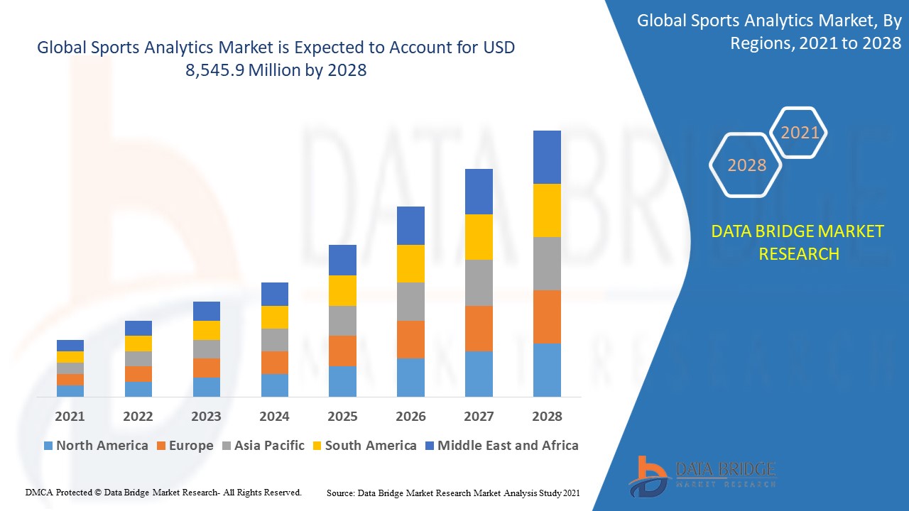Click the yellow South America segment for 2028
point(547,210)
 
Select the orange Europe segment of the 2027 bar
point(479,328)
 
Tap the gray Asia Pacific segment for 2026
point(410,302)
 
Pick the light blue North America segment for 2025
point(342,381)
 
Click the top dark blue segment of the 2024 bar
point(275,294)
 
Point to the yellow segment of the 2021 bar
point(70,357)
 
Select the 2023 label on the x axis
point(206,417)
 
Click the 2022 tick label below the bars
point(138,417)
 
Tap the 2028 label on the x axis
point(547,417)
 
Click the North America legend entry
point(96,446)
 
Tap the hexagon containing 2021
point(800,133)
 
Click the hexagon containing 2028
point(746,165)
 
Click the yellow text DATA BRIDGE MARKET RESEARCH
point(798,243)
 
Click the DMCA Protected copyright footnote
point(163,492)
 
